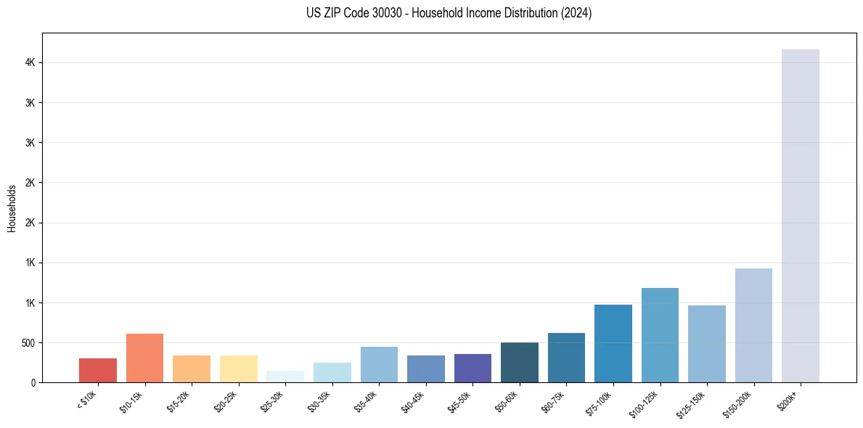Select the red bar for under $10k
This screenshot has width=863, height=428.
[98, 370]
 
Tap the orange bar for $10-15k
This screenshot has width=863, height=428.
[144, 358]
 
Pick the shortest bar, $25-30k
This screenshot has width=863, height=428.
[285, 376]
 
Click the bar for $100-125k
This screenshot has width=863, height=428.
[660, 335]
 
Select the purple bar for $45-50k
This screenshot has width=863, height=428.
[473, 368]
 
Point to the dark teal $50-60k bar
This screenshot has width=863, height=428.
[520, 362]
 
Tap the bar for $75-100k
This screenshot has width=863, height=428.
[613, 343]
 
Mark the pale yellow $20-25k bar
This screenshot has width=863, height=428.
[238, 369]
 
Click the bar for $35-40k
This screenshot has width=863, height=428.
[379, 364]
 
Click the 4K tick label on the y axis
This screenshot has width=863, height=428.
[30, 63]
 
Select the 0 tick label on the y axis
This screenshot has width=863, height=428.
[33, 382]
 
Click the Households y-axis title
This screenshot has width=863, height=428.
[12, 207]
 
